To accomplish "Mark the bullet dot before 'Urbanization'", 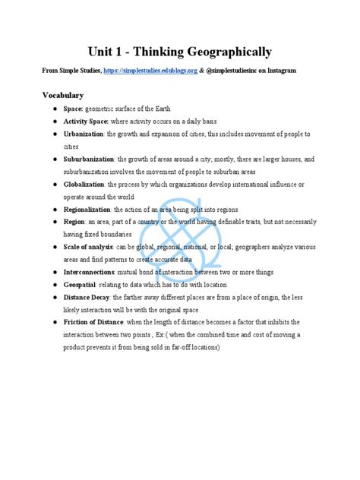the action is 55,134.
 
